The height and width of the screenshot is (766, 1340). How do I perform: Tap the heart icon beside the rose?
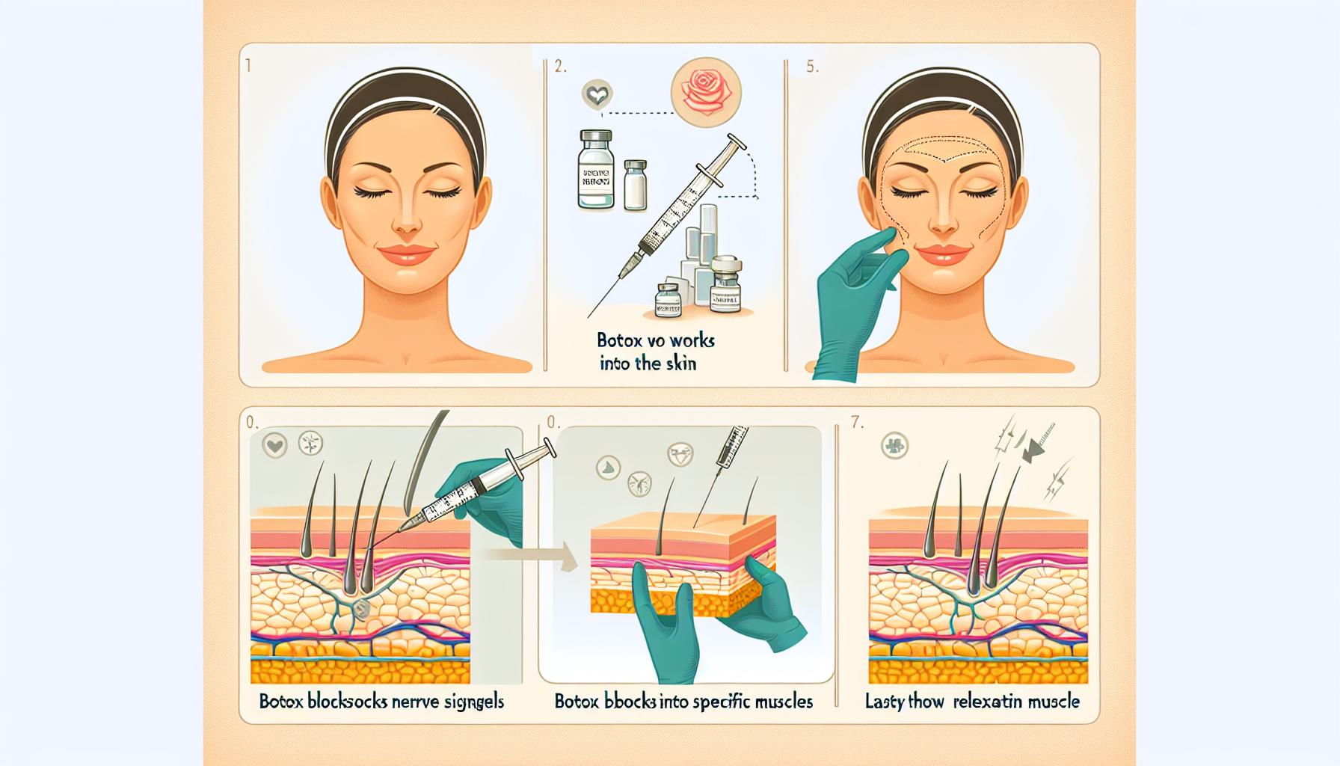point(596,95)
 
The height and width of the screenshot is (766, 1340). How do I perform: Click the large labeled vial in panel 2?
point(595,171)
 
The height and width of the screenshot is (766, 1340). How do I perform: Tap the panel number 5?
point(812,67)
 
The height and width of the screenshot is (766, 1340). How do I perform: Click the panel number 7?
point(857,423)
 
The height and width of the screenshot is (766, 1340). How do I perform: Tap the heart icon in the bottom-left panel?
point(274,446)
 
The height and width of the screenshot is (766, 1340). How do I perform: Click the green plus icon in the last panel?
point(894,446)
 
